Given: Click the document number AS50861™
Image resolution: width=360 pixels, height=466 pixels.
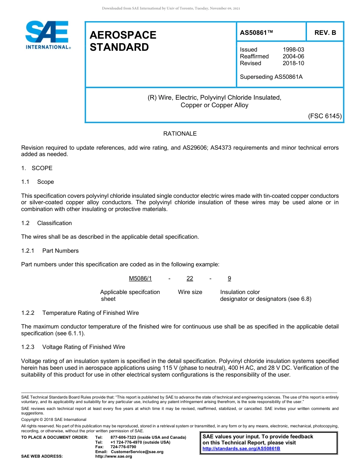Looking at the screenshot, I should coord(256,33).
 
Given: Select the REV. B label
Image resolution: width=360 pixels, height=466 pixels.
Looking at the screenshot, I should coord(325,33).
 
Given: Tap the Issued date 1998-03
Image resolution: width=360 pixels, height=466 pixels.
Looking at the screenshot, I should coord(293,50).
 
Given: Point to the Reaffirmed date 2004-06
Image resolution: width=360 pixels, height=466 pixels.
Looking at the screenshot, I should coord(293,56).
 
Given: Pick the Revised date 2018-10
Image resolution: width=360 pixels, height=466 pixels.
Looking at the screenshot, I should coord(293,63).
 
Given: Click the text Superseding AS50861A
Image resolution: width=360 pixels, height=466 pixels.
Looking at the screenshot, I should coord(271,77).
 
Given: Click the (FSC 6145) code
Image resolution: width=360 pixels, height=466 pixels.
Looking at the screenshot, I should coord(325,116).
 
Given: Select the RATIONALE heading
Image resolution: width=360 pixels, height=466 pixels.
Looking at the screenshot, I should coord(180,134).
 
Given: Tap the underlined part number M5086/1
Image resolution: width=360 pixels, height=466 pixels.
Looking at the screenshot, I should coord(140,278).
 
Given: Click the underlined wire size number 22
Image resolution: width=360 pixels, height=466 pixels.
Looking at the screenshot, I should coord(190,278).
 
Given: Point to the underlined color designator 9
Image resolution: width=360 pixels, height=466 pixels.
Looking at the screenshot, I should coord(229,278).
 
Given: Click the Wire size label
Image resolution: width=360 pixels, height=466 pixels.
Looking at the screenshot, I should coord(190,292).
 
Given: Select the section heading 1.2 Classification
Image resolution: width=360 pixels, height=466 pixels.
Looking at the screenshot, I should coord(47,223).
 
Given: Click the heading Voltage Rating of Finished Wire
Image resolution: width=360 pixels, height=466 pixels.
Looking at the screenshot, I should coord(83,347).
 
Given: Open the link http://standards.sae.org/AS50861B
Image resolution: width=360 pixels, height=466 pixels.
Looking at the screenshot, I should coord(241,449).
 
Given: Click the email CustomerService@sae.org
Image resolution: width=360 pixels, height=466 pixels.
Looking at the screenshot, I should coord(137,452).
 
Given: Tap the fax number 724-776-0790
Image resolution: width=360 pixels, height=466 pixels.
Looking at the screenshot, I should coord(123,447).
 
